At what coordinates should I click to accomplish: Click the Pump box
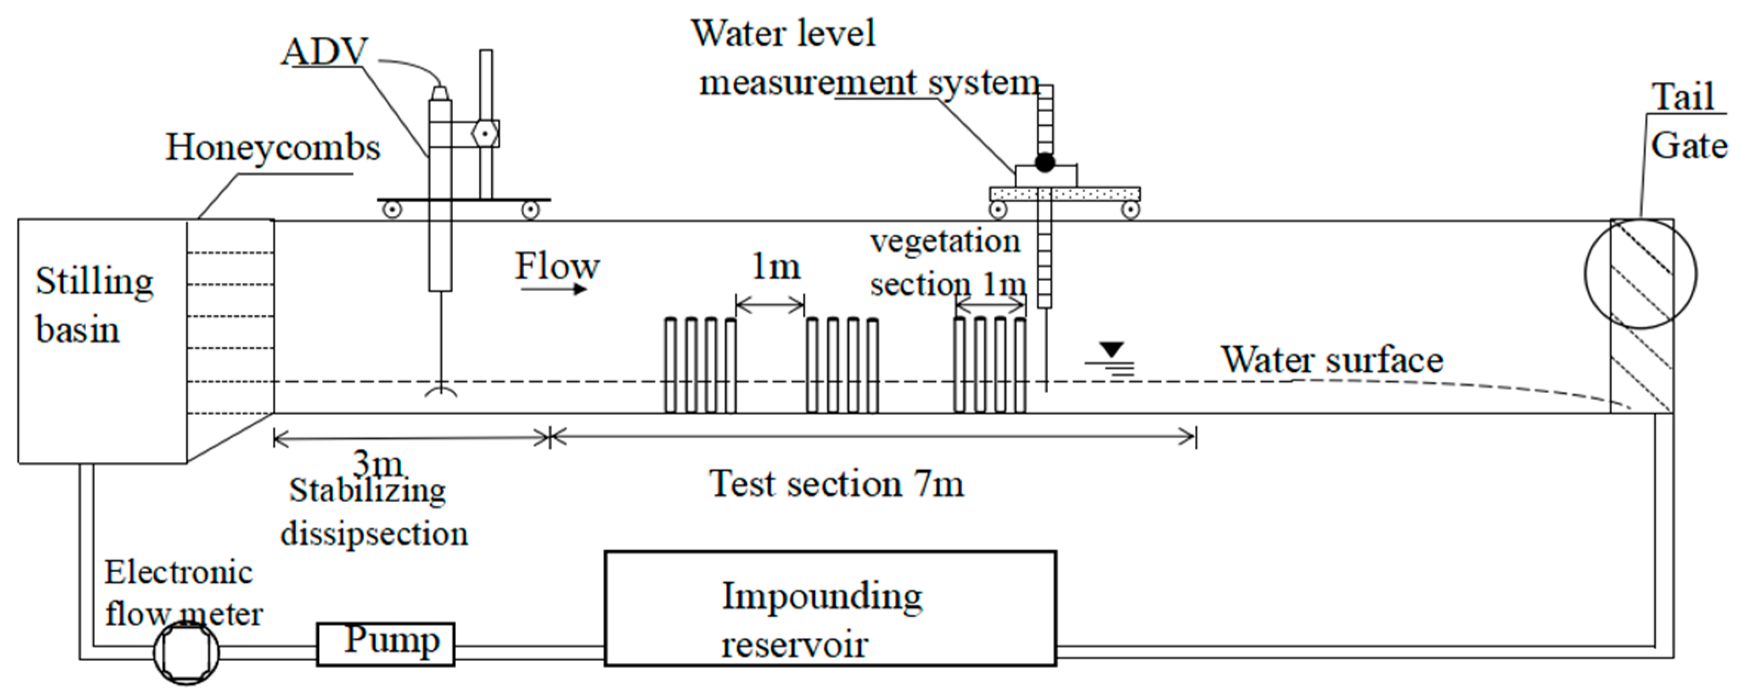[385, 644]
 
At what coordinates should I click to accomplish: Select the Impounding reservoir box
[829, 608]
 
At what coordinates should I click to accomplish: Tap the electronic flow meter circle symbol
[187, 652]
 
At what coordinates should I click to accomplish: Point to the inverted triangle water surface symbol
[1111, 350]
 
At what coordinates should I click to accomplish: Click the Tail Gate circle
[1640, 274]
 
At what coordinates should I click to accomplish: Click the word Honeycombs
[273, 147]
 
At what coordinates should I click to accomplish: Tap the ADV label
[324, 52]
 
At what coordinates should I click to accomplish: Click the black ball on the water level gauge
[1044, 163]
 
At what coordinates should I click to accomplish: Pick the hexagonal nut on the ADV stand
[484, 133]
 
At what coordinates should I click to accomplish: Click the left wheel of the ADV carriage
[392, 210]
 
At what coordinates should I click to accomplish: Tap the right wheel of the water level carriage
[1130, 210]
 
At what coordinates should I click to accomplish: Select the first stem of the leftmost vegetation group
[670, 365]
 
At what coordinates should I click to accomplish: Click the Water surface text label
[1332, 360]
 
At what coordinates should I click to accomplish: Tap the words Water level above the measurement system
[783, 33]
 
